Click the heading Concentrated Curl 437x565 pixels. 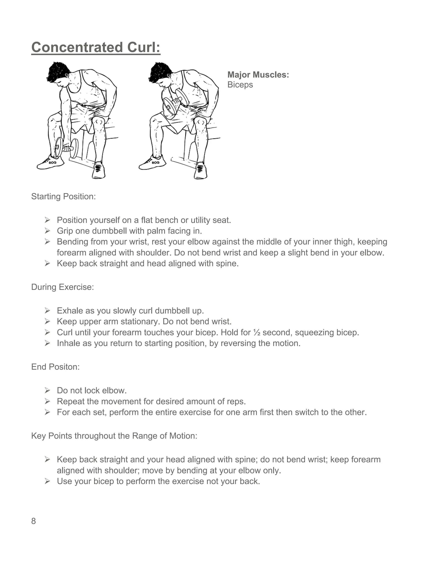click(96, 48)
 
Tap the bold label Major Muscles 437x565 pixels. click(258, 75)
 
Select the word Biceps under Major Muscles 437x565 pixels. click(240, 85)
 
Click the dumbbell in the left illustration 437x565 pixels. click(67, 148)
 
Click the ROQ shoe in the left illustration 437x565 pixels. click(51, 163)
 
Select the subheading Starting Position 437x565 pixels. click(63, 197)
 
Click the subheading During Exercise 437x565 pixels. click(62, 287)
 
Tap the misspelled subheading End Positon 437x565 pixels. click(55, 367)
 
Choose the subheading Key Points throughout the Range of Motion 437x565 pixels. click(114, 436)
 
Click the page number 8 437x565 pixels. click(34, 521)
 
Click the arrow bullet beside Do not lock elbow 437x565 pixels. click(47, 390)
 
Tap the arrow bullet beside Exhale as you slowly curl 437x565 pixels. click(47, 311)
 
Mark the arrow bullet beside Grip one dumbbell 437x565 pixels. click(47, 231)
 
